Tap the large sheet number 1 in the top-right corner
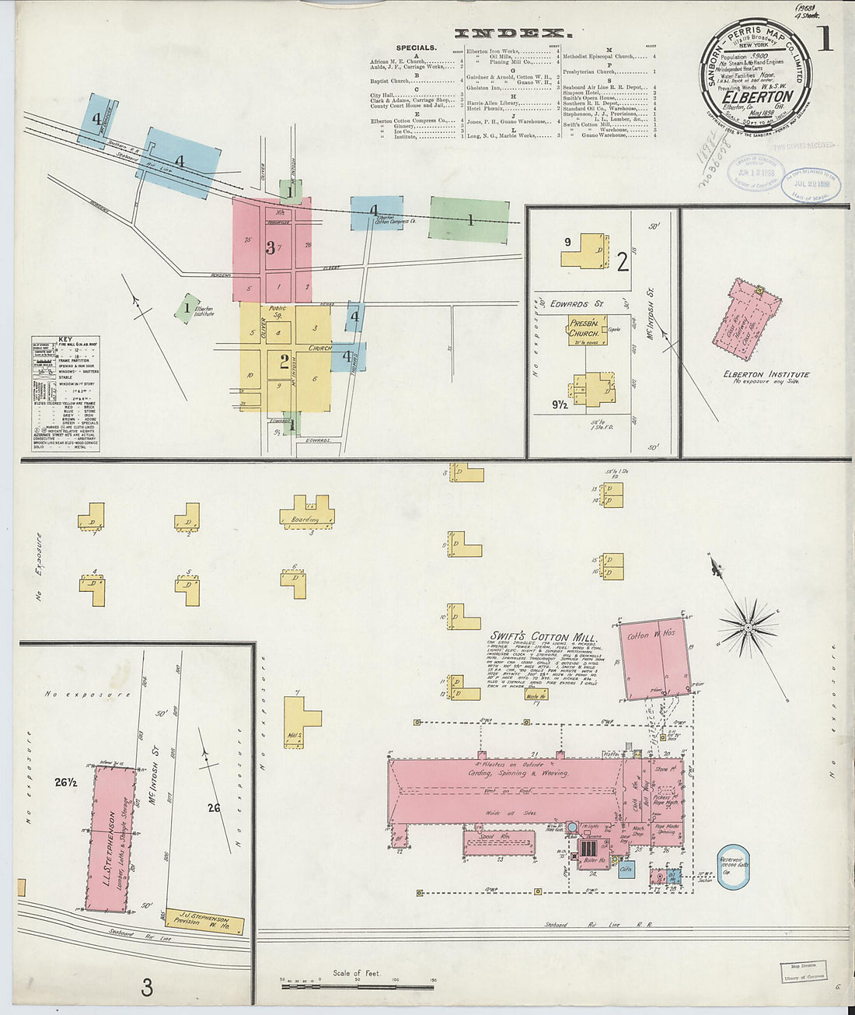(824, 38)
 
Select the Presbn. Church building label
(585, 327)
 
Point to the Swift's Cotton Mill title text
(543, 636)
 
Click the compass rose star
(748, 626)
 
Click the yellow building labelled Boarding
(307, 514)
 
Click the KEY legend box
(65, 394)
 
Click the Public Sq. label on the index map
(277, 313)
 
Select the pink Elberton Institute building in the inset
(745, 313)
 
